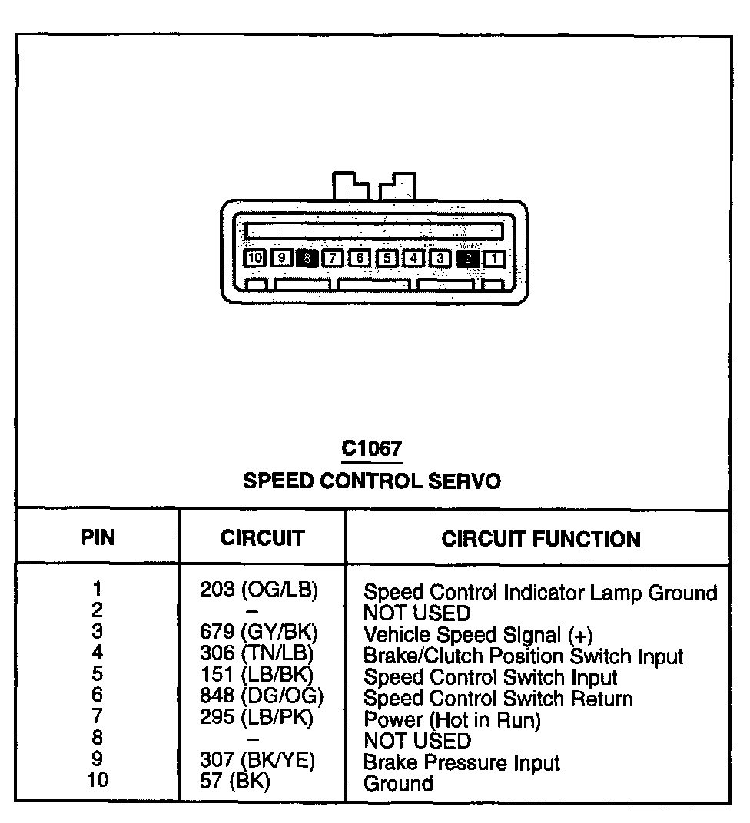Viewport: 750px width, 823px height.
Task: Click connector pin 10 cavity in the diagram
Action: [255, 258]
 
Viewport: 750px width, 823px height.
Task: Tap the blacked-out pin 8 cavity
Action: [307, 258]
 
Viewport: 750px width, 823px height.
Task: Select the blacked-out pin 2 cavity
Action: [467, 258]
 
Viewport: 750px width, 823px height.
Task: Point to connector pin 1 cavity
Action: [494, 258]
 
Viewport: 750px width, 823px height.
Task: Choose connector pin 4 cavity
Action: [413, 258]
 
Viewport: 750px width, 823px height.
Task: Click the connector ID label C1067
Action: [372, 448]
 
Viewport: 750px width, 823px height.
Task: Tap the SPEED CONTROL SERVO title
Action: [372, 481]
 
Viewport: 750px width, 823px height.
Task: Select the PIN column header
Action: [98, 537]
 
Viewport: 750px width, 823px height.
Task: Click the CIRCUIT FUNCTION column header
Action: [541, 539]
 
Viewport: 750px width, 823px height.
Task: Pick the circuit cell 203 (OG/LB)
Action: [259, 590]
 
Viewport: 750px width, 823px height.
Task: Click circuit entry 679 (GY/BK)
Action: [259, 633]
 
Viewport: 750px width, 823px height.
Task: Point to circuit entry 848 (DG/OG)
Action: [261, 697]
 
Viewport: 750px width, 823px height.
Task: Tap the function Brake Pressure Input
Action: [461, 762]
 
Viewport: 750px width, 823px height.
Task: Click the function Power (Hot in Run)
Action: [452, 720]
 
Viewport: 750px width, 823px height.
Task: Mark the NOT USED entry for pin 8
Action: [416, 741]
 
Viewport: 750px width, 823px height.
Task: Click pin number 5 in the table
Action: [98, 675]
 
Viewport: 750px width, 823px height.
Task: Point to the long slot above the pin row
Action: [374, 230]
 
